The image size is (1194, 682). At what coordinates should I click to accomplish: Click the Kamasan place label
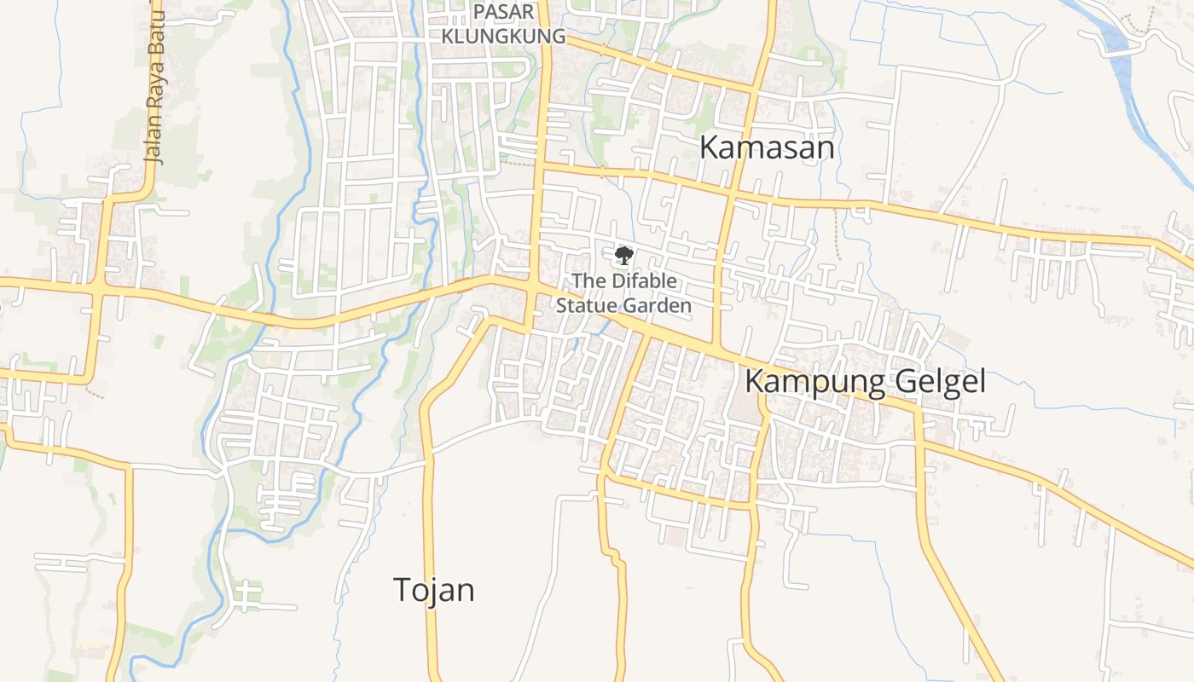coord(766,147)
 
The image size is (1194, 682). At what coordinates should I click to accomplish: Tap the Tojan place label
coord(433,589)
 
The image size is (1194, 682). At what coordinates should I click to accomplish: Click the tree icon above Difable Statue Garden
coord(623,255)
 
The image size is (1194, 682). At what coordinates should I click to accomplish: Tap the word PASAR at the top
coord(503,12)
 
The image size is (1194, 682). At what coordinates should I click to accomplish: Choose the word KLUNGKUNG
coord(503,37)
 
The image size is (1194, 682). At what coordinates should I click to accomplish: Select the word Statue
coord(586,305)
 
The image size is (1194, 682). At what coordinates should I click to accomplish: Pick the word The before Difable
coord(586,280)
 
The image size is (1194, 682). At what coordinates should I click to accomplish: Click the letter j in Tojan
coord(428,591)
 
